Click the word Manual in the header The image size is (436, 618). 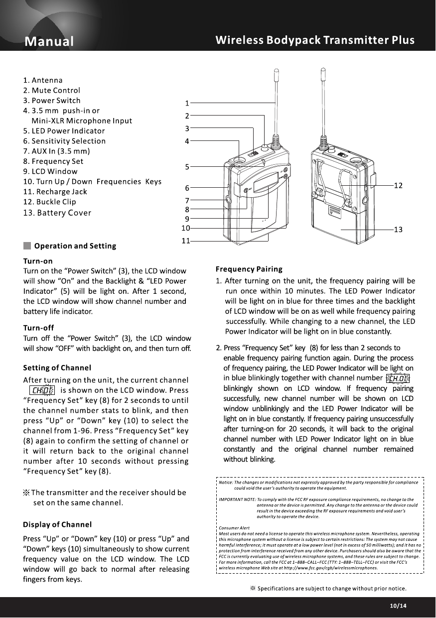(x=50, y=41)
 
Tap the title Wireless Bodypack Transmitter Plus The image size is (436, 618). (x=315, y=40)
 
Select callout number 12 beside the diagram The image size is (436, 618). (x=398, y=185)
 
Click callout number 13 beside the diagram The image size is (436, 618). (x=398, y=230)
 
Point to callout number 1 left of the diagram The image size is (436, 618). (x=187, y=104)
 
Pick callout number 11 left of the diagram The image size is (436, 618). (x=185, y=241)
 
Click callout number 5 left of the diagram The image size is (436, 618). (x=187, y=167)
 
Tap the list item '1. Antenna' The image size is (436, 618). (x=43, y=80)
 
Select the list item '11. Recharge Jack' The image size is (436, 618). (x=55, y=192)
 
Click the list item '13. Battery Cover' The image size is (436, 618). (x=57, y=213)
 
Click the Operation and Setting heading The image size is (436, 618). (x=75, y=246)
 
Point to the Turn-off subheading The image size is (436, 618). (x=38, y=328)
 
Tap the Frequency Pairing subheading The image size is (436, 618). (x=249, y=269)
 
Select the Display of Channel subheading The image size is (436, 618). (x=57, y=524)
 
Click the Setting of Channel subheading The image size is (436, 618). (x=57, y=368)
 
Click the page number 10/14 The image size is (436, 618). (x=398, y=606)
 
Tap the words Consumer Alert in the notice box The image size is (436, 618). (x=234, y=527)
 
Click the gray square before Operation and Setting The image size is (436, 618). (x=27, y=246)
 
